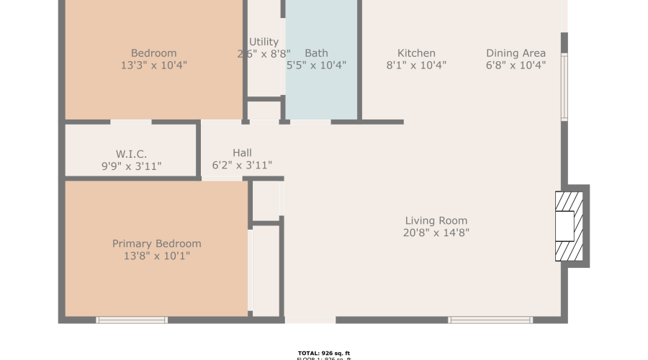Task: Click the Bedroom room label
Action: click(x=153, y=53)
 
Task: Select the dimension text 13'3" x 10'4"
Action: click(x=153, y=65)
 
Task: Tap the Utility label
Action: click(x=264, y=42)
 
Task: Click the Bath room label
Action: click(x=316, y=53)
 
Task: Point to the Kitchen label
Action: click(x=416, y=53)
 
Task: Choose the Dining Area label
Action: click(x=516, y=53)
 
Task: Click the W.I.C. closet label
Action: click(x=131, y=154)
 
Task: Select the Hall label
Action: click(x=242, y=153)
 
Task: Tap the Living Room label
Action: click(x=436, y=221)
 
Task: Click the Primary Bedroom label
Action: click(x=156, y=243)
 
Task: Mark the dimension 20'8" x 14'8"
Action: click(x=436, y=233)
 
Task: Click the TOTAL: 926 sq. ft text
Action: click(x=323, y=353)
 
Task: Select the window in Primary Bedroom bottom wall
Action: click(x=132, y=320)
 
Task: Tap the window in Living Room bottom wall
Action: click(x=490, y=320)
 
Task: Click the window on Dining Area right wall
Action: click(x=564, y=86)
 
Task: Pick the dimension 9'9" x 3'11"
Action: click(x=131, y=166)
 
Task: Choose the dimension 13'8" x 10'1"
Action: click(x=156, y=256)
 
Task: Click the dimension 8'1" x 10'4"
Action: click(x=416, y=65)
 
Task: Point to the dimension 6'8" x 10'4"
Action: click(x=516, y=65)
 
